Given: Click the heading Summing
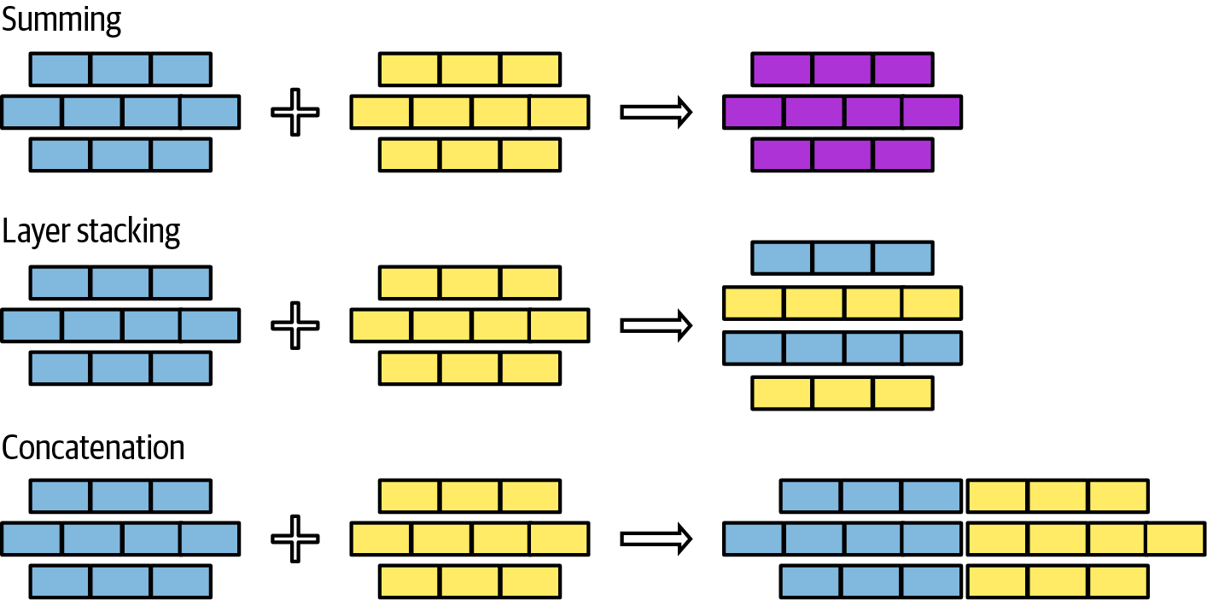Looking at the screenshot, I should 61,20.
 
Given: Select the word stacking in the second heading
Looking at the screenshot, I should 129,233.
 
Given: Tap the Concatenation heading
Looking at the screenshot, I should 93,447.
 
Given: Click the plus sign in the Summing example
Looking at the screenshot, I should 294,112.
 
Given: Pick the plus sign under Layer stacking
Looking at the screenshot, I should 294,325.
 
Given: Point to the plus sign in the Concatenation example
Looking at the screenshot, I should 294,539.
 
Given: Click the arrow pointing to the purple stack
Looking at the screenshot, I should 656,112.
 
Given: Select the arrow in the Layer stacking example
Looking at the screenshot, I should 656,325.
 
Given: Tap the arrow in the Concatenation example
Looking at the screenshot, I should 656,539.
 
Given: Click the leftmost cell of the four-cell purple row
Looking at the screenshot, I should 754,112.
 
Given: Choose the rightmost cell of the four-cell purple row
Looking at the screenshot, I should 931,112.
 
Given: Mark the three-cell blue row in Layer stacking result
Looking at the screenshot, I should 843,258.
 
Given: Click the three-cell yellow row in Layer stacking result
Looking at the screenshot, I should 843,393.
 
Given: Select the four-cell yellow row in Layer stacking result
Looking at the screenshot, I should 843,303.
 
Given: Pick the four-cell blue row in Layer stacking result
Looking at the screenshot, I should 843,348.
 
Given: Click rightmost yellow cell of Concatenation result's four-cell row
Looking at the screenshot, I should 1175,539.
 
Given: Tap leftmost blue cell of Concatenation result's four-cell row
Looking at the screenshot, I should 754,539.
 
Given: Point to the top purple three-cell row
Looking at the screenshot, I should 843,69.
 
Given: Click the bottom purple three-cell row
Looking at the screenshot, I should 843,154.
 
